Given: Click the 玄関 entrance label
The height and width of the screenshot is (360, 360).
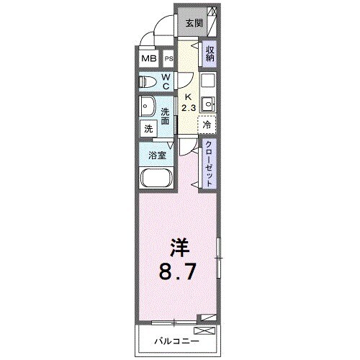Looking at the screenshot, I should point(194,23).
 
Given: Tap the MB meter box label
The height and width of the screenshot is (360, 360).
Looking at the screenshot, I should point(148,59).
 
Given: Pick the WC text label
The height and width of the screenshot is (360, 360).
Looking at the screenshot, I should point(166,81).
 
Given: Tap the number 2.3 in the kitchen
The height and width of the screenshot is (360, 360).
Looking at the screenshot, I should point(187,108).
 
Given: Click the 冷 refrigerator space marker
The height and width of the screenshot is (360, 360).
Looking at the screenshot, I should point(208,124).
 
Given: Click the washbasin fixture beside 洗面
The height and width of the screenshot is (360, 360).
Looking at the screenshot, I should point(148,106).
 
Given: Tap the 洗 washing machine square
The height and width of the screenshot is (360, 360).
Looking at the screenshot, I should point(148,128).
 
